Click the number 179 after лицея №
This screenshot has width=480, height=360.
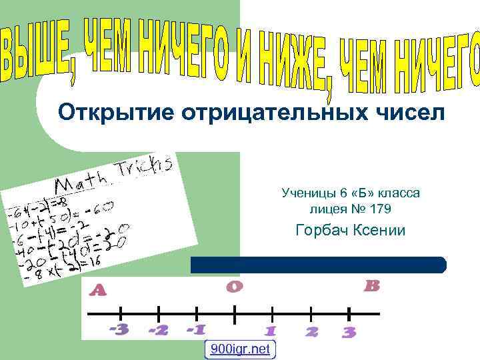tap(379, 209)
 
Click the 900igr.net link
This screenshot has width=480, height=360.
tap(240, 349)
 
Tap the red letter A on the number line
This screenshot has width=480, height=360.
tap(98, 290)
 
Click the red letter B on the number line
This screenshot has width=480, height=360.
tap(372, 286)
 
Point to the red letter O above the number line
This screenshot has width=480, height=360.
tap(234, 287)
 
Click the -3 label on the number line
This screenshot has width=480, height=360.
tap(119, 329)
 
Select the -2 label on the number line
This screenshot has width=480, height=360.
tap(158, 330)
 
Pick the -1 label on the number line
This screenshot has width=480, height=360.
tap(196, 330)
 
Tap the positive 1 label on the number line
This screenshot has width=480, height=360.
tap(270, 331)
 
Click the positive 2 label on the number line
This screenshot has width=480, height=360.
tap(311, 331)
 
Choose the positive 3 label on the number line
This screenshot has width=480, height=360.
tap(349, 332)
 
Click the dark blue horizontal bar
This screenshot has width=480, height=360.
tap(318, 265)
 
